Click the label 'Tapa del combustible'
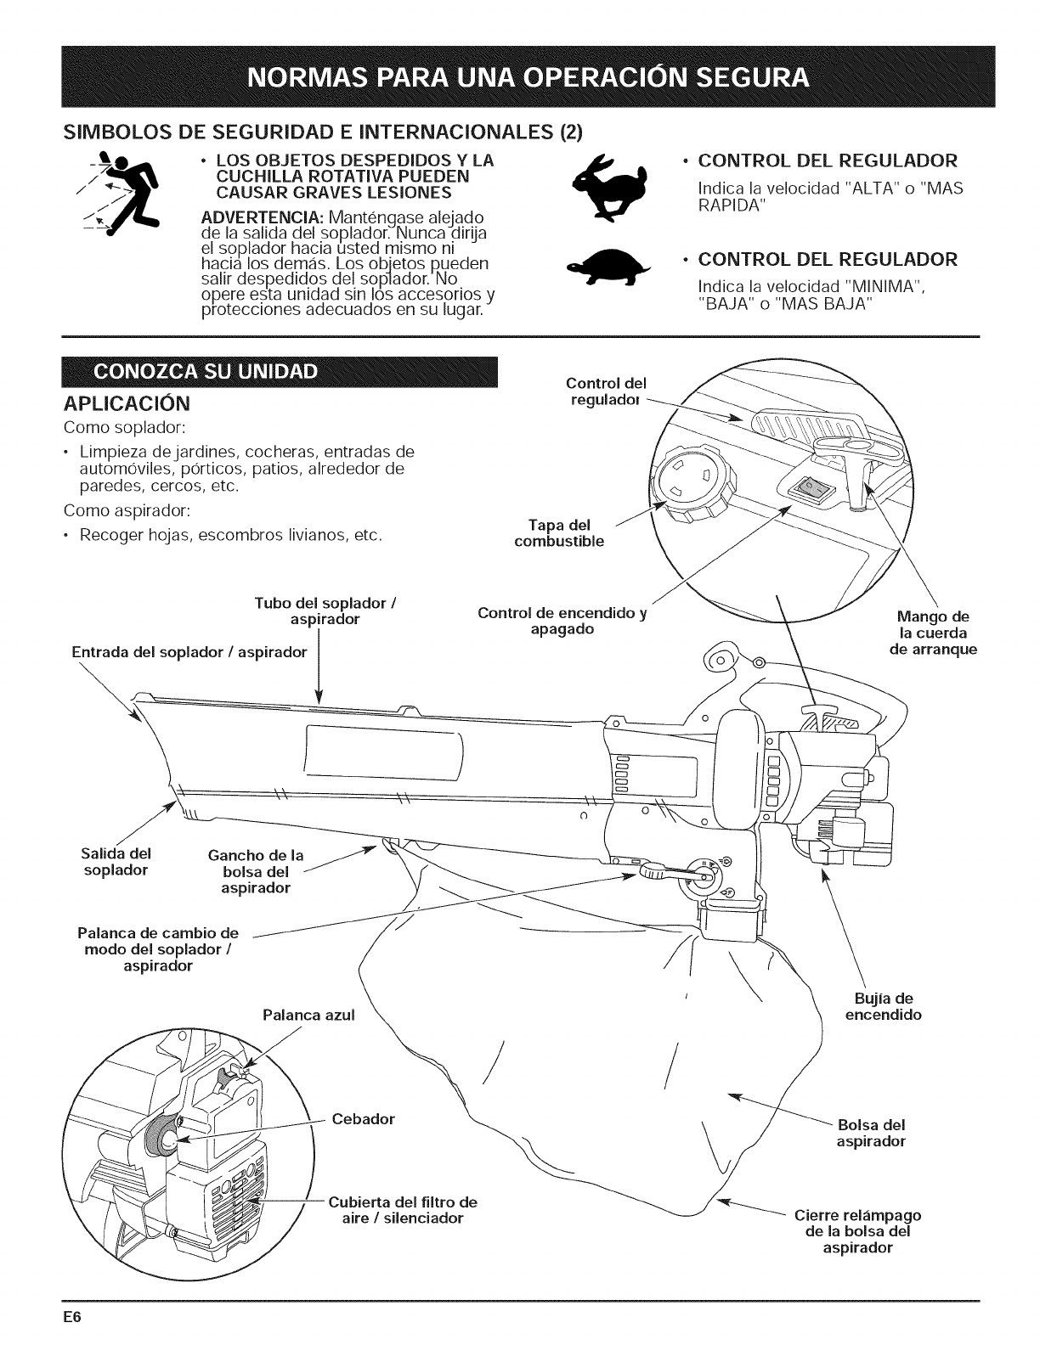(560, 532)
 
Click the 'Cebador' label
(364, 1118)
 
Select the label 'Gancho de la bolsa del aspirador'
(256, 871)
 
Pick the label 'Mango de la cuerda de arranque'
(933, 633)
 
